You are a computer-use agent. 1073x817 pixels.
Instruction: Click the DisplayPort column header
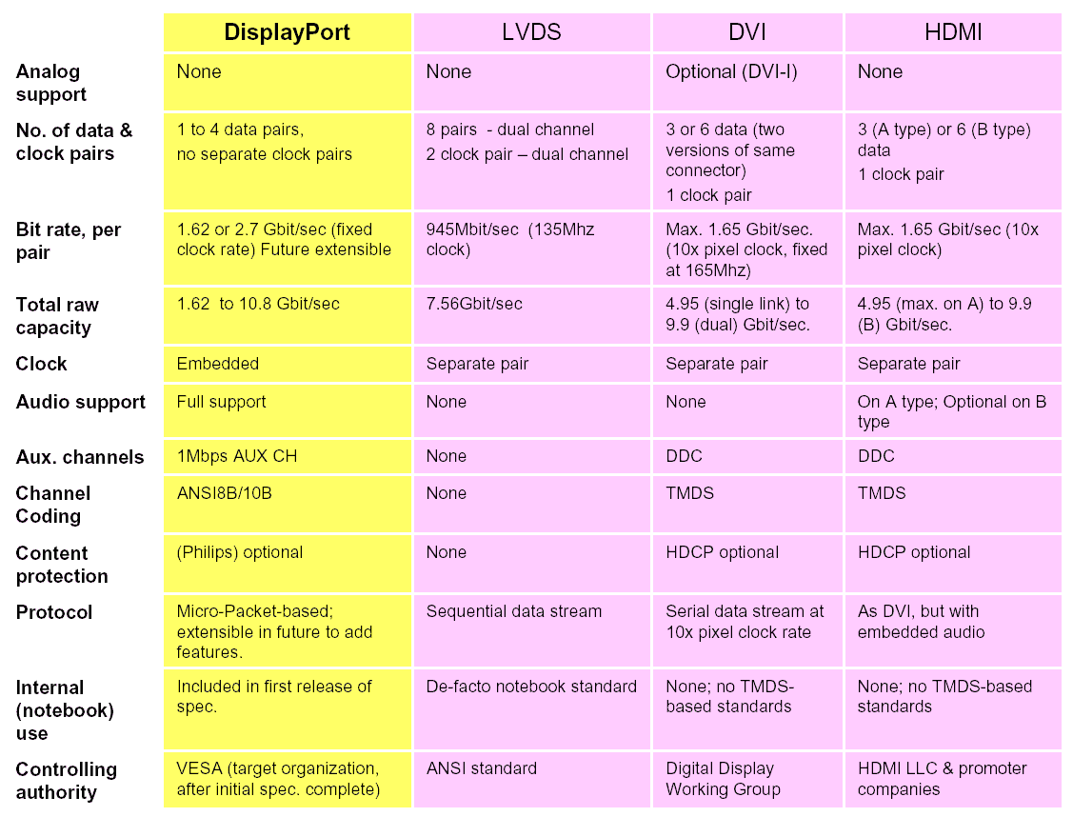pyautogui.click(x=287, y=32)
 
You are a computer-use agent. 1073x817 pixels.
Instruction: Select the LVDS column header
pyautogui.click(x=531, y=32)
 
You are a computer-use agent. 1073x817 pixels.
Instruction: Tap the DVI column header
pyautogui.click(x=747, y=32)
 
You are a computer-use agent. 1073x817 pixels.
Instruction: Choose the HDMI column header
pyautogui.click(x=952, y=32)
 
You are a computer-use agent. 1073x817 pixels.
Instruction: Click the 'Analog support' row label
pyautogui.click(x=51, y=83)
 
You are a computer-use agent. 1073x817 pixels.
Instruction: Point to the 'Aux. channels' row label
pyautogui.click(x=80, y=457)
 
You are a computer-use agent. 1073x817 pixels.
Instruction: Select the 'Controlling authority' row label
pyautogui.click(x=67, y=780)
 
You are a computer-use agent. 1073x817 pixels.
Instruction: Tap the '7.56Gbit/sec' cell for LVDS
pyautogui.click(x=474, y=304)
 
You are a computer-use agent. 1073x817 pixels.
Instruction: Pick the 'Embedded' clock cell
pyautogui.click(x=218, y=364)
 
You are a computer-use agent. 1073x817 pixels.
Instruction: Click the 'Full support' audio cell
pyautogui.click(x=222, y=402)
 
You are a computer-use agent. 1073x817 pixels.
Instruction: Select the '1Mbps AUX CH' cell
pyautogui.click(x=237, y=456)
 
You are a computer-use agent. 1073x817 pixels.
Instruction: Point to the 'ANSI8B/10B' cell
pyautogui.click(x=226, y=493)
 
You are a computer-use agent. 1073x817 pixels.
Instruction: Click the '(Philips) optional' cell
pyautogui.click(x=240, y=552)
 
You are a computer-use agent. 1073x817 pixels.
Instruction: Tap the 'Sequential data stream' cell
pyautogui.click(x=514, y=611)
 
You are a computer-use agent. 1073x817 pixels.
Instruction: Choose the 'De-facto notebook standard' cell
pyautogui.click(x=531, y=687)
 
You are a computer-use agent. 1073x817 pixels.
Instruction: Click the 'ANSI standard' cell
pyautogui.click(x=482, y=768)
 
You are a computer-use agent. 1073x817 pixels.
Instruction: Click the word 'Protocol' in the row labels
pyautogui.click(x=54, y=612)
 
